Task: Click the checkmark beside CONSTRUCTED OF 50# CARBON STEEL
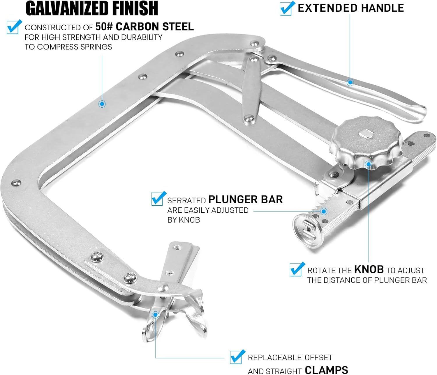[x=14, y=27]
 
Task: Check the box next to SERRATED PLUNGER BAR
[x=158, y=198]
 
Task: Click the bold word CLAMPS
[x=326, y=370]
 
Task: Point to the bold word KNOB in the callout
[x=369, y=270]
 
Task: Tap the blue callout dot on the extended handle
[x=350, y=82]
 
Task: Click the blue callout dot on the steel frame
[x=102, y=104]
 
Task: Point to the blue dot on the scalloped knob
[x=369, y=164]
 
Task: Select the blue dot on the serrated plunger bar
[x=324, y=211]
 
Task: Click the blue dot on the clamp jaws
[x=156, y=314]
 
